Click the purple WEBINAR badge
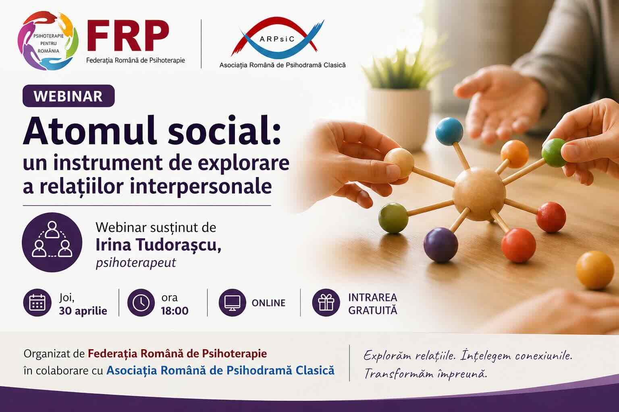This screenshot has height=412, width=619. pyautogui.click(x=69, y=96)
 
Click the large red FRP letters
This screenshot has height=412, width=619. pyautogui.click(x=128, y=35)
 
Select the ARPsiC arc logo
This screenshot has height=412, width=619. pyautogui.click(x=277, y=38)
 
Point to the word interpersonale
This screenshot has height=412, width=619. pyautogui.click(x=201, y=186)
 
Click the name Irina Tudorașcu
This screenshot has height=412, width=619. pyautogui.click(x=158, y=245)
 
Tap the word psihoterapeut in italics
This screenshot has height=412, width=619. pyautogui.click(x=136, y=262)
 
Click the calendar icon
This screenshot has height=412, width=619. pyautogui.click(x=37, y=303)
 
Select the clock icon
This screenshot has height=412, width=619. pyautogui.click(x=141, y=303)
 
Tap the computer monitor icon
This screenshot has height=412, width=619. pyautogui.click(x=233, y=303)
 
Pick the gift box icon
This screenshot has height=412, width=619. pyautogui.click(x=326, y=303)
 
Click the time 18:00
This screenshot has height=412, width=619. pyautogui.click(x=174, y=311)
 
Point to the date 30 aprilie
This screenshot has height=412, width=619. pyautogui.click(x=83, y=311)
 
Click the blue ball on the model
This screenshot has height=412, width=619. pyautogui.click(x=449, y=131)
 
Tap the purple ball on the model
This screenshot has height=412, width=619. pyautogui.click(x=440, y=245)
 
